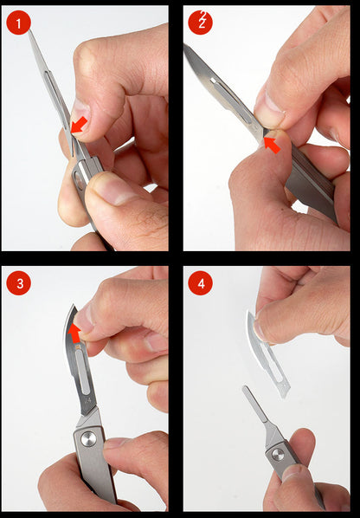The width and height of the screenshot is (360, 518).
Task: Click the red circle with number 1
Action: pyautogui.click(x=18, y=23)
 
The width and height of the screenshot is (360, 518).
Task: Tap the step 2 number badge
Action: pyautogui.click(x=200, y=23)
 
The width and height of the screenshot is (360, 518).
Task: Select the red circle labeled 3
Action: pyautogui.click(x=18, y=283)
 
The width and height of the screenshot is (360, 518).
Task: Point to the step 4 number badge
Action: pyautogui.click(x=200, y=283)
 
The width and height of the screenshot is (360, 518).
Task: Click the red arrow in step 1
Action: pyautogui.click(x=78, y=125)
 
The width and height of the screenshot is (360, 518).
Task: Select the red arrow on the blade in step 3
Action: pyautogui.click(x=74, y=333)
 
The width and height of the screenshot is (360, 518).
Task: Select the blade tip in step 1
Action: pyautogui.click(x=29, y=33)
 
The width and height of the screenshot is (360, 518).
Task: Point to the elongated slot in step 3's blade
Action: pyautogui.click(x=83, y=377)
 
